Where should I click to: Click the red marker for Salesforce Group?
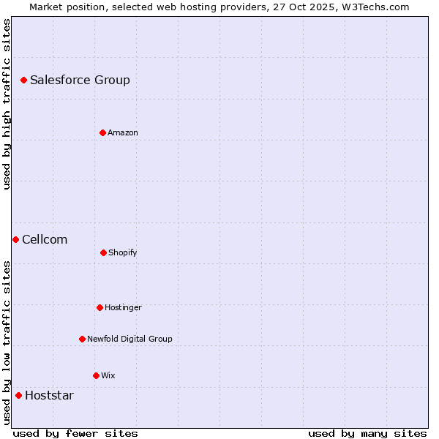tap(23, 80)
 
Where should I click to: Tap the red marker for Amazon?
tap(102, 132)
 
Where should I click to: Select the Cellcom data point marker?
tap(15, 239)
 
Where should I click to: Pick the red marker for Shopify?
tap(103, 252)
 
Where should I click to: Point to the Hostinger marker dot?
tap(100, 307)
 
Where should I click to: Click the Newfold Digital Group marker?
tap(82, 339)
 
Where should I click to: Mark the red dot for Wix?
tap(96, 375)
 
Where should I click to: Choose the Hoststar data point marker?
tap(18, 395)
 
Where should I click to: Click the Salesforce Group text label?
tap(80, 80)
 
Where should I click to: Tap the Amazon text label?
tap(123, 132)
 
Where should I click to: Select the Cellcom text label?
tap(45, 239)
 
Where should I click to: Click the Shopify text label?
tap(123, 252)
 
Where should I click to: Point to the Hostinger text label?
tap(123, 307)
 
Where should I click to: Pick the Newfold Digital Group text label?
tap(130, 339)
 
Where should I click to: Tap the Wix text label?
tap(108, 375)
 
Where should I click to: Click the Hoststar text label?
tap(49, 395)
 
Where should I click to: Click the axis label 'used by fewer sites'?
tap(75, 433)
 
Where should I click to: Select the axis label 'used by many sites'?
tap(367, 433)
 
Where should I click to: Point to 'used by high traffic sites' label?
tap(7, 104)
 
